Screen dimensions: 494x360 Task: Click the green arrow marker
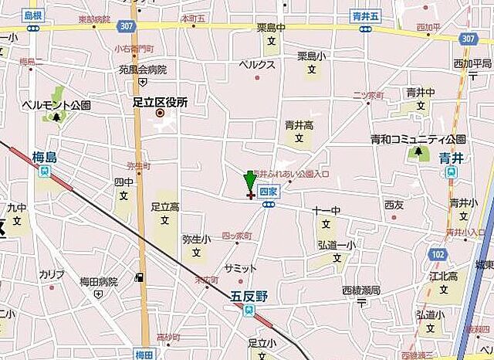click(x=249, y=183)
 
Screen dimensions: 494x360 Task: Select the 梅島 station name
click(x=46, y=156)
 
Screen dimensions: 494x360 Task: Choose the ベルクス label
click(x=257, y=65)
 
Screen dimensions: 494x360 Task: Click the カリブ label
click(x=52, y=274)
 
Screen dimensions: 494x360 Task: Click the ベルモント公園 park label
click(x=56, y=104)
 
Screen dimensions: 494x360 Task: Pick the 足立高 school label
click(x=164, y=206)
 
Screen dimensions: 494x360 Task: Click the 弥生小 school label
click(x=196, y=239)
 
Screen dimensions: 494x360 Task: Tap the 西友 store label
click(x=394, y=205)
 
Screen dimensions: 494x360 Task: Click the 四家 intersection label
click(x=268, y=190)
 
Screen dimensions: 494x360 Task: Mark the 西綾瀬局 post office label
click(x=361, y=290)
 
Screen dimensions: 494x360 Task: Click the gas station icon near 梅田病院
click(x=139, y=277)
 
